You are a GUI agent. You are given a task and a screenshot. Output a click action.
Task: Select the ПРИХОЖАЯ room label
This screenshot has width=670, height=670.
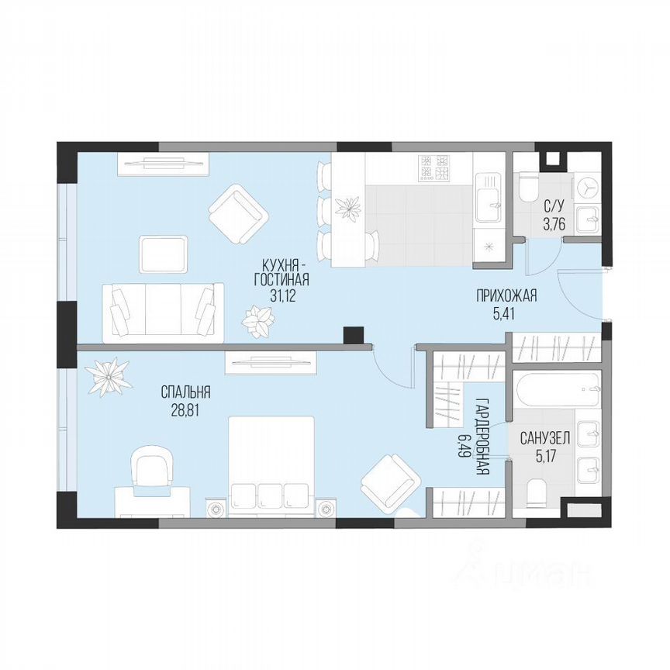click(x=506, y=295)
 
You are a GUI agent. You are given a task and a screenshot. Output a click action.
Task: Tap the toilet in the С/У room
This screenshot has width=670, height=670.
click(x=530, y=187)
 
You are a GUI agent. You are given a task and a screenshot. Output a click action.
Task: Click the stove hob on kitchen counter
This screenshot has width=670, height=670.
click(x=434, y=167)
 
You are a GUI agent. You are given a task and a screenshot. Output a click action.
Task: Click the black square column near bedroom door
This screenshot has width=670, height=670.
click(x=354, y=334)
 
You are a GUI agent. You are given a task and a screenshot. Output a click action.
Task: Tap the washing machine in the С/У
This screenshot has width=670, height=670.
click(x=588, y=188)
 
